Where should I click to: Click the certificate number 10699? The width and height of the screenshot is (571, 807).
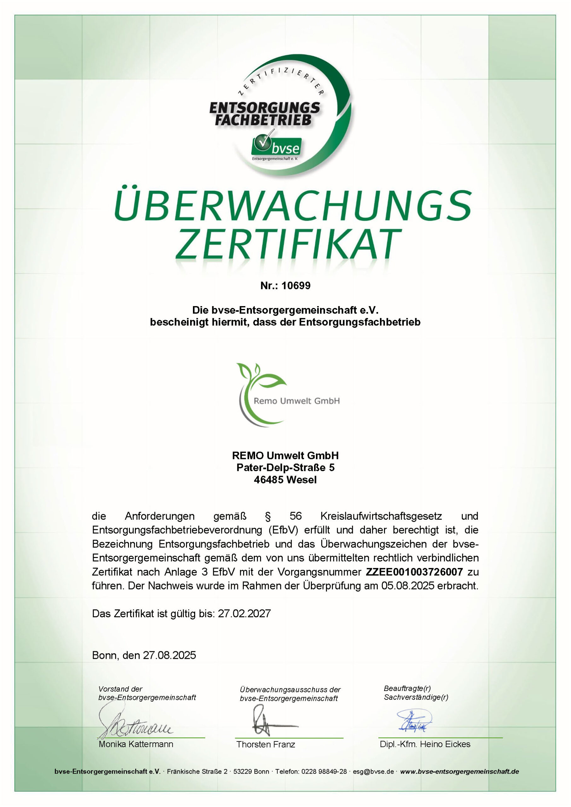coord(296,286)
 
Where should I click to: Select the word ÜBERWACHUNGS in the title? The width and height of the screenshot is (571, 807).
coord(293,206)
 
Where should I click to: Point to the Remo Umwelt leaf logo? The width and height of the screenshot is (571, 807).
coord(260,390)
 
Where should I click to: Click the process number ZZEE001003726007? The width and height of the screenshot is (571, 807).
coord(414,572)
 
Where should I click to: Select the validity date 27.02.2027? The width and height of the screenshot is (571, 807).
coord(244,614)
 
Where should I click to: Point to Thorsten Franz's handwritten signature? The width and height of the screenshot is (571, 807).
coord(271,725)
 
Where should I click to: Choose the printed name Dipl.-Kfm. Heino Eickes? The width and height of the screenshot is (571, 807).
coord(425,744)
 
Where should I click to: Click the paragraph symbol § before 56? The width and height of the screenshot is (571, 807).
coord(268,516)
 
